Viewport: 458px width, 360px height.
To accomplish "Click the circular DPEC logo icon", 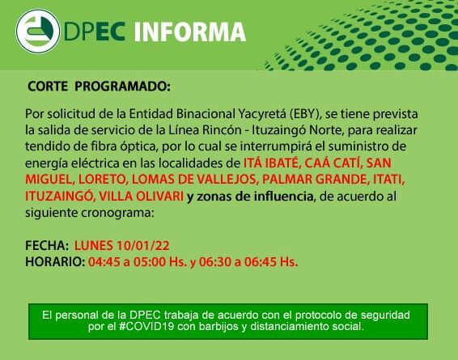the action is coord(38,32).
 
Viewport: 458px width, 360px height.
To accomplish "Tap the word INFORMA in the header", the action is coord(190,32).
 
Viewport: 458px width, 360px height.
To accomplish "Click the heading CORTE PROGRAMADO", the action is coord(99,87).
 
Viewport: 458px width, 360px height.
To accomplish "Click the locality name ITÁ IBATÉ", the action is coord(272,163).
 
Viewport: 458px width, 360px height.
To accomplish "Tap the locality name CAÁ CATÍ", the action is coord(333,163).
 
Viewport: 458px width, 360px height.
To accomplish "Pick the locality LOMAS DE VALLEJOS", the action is coord(195,180).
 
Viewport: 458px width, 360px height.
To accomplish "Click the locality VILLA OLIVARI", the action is coord(142,197).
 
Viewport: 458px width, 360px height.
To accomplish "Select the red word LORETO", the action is coord(103,180).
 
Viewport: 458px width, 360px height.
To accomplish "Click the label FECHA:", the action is coord(47,246).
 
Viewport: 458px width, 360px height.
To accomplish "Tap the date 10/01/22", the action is coord(143,246).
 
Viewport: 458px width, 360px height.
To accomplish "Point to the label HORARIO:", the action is coord(55,262).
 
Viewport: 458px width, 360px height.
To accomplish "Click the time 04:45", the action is coord(104,262).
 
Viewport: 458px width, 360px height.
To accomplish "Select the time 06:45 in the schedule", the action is coord(261,262).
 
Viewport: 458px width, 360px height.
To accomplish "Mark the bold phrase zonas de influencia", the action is coord(255,197).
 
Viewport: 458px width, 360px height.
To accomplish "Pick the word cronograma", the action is coord(117,213).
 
